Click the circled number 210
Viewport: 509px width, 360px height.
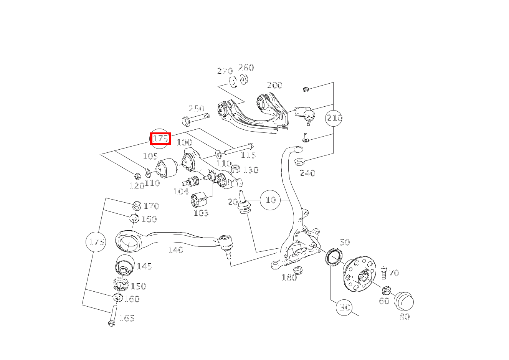tap(334, 118)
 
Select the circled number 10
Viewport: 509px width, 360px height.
tap(271, 200)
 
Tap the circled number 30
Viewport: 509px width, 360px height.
tap(345, 307)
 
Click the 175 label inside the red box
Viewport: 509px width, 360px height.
tap(160, 139)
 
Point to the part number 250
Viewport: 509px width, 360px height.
tap(197, 109)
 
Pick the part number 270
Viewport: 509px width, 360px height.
tap(225, 71)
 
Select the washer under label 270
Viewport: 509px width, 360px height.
tap(233, 82)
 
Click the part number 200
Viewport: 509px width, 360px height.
tap(274, 85)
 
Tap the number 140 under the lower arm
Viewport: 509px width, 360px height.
tap(175, 250)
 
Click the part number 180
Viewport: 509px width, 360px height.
tap(289, 277)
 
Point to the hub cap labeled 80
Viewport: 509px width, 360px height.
tap(404, 301)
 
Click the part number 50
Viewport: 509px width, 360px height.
tap(345, 242)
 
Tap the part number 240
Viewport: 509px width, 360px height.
tap(307, 173)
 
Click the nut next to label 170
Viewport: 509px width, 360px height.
tap(137, 205)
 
